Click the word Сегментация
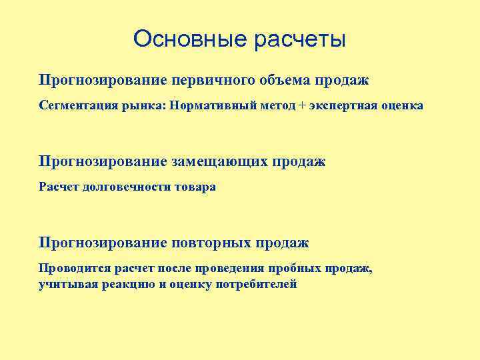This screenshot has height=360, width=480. [x=75, y=105]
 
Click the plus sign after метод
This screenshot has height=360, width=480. [x=293, y=105]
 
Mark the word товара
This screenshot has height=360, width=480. [x=195, y=187]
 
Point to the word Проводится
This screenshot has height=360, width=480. [x=71, y=268]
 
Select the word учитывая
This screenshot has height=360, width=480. [x=67, y=284]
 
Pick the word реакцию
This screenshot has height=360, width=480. [x=127, y=284]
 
